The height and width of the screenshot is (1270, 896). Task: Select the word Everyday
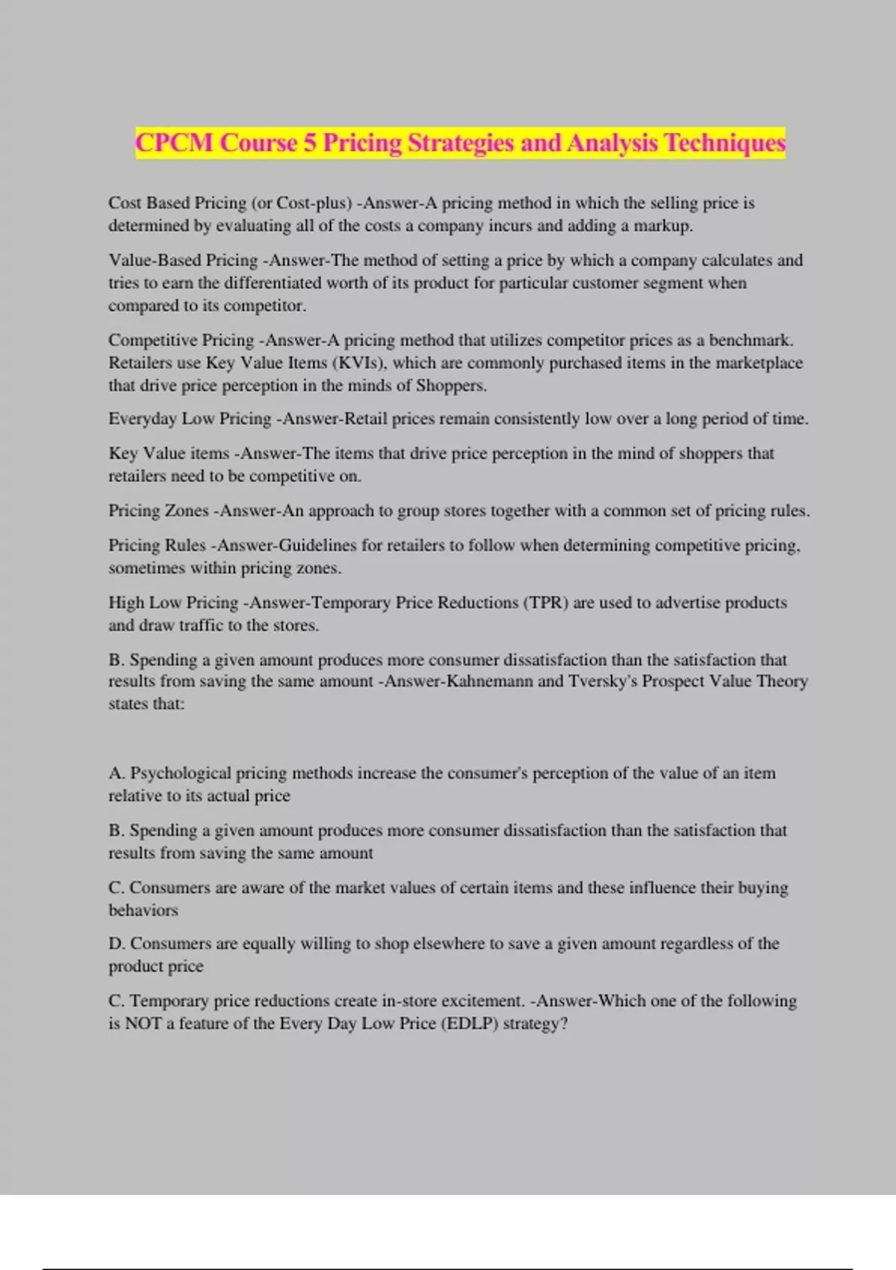point(143,419)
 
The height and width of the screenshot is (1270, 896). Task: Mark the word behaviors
point(143,910)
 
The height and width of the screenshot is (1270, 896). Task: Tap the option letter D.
point(116,944)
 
